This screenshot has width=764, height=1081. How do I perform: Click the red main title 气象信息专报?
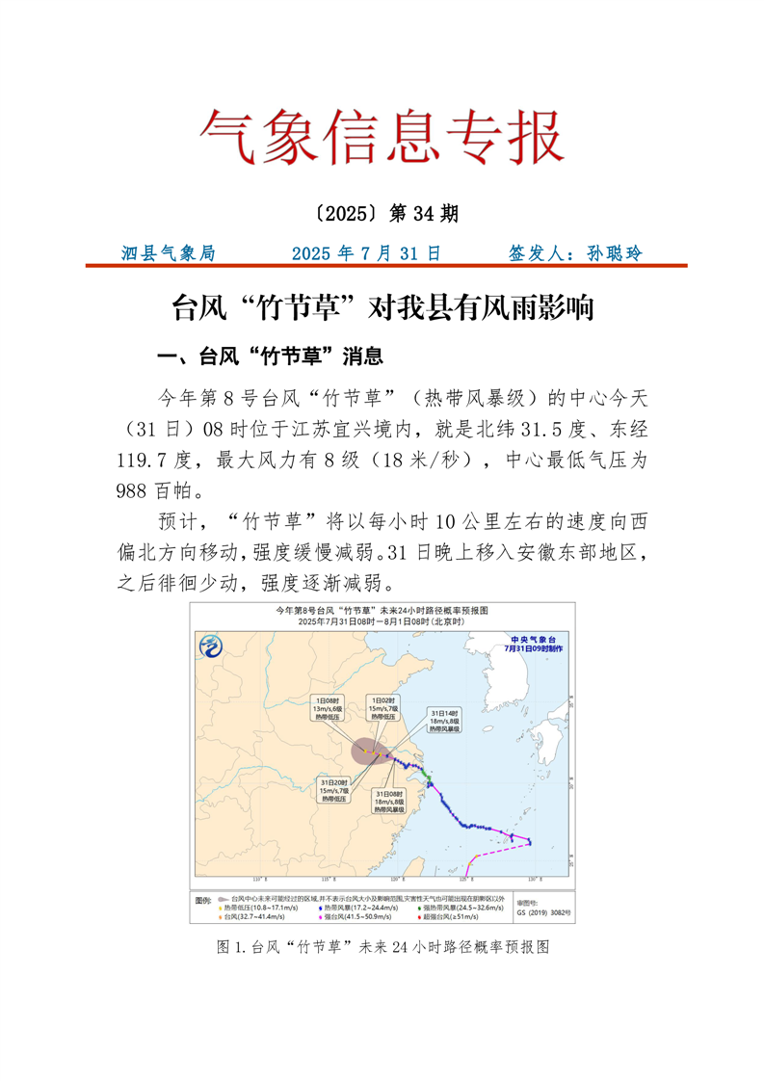click(382, 137)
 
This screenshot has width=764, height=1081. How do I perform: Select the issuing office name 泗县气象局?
click(170, 253)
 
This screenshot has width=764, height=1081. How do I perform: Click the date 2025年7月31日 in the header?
click(366, 253)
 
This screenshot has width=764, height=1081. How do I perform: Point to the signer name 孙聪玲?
click(608, 253)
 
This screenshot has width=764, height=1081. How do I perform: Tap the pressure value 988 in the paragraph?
click(132, 488)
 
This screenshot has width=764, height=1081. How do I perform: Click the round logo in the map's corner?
click(211, 646)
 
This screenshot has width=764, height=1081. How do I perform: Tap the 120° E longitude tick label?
click(396, 880)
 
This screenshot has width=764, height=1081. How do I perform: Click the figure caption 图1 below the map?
click(382, 947)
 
